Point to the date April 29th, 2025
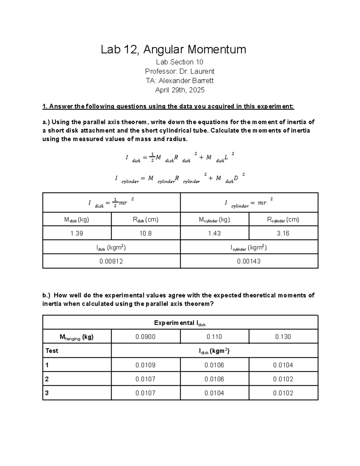pyautogui.click(x=180, y=90)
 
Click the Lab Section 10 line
pyautogui.click(x=180, y=62)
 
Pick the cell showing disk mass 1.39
pyautogui.click(x=77, y=233)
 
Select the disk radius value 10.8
pyautogui.click(x=145, y=233)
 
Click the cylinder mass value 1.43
pyautogui.click(x=214, y=233)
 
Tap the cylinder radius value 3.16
pyautogui.click(x=283, y=233)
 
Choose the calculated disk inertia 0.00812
pyautogui.click(x=111, y=261)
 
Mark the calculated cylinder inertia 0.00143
pyautogui.click(x=249, y=261)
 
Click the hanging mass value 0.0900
pyautogui.click(x=145, y=337)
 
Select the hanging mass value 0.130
pyautogui.click(x=283, y=337)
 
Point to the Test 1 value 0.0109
pyautogui.click(x=145, y=365)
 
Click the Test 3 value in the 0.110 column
pyautogui.click(x=214, y=393)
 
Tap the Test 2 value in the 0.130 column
pyautogui.click(x=283, y=379)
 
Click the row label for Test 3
pyautogui.click(x=47, y=393)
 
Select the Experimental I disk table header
pyautogui.click(x=180, y=323)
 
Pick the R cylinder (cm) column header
pyautogui.click(x=283, y=220)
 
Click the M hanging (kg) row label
pyautogui.click(x=77, y=337)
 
